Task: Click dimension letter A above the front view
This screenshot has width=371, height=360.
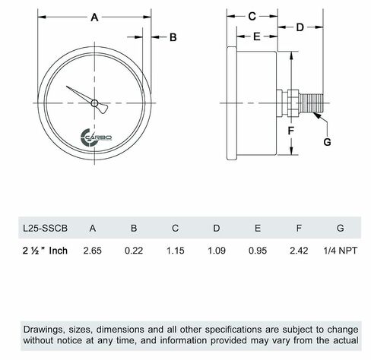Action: (94, 17)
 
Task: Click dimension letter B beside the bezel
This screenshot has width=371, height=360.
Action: (173, 37)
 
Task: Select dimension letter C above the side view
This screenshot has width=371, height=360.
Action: (252, 16)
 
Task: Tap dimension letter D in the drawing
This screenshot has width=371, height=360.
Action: (300, 27)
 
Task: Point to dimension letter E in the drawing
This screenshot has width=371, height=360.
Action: (257, 36)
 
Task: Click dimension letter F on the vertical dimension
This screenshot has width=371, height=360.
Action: (291, 131)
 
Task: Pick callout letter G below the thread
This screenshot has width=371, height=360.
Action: (327, 142)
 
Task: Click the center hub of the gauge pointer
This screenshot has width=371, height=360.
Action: (94, 103)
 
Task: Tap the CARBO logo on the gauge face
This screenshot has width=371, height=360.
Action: (96, 137)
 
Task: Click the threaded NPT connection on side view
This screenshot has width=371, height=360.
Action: (311, 103)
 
